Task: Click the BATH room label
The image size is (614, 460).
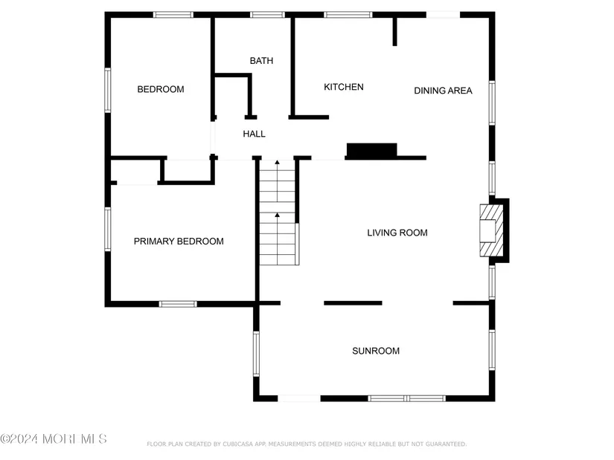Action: pos(261,61)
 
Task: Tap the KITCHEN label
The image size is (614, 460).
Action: pos(343,87)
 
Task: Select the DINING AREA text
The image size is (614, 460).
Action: pos(443,91)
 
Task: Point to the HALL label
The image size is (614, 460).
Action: pos(254,134)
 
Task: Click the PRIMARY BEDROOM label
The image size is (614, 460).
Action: pos(179,242)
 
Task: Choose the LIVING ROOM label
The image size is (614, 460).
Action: pos(397,233)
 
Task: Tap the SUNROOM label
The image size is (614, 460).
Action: pos(376,351)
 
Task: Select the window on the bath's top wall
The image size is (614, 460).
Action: pos(267,15)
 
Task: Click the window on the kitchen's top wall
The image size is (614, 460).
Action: pos(348,15)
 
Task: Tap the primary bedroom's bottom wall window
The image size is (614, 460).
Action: pos(178,304)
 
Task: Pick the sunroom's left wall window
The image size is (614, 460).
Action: pos(256,354)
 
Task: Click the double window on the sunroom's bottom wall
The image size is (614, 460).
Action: pos(406,398)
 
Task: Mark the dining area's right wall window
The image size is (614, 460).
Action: pos(492,103)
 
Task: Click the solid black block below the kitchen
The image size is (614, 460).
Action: pos(371,151)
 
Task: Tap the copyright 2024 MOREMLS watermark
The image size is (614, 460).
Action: pos(54,439)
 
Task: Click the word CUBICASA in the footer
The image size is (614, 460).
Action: pos(238,444)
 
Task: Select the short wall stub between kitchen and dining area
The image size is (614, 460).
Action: pos(394,32)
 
